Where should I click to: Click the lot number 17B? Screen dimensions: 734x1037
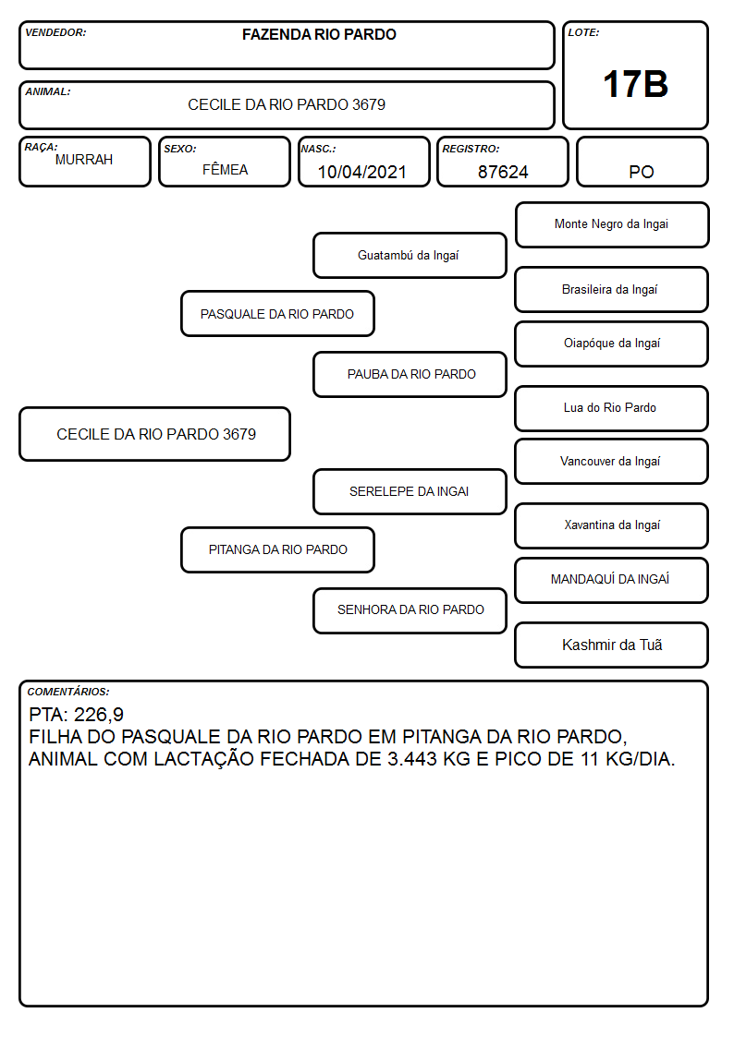click(x=635, y=84)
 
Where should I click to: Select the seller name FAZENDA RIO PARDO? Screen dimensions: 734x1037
click(x=319, y=34)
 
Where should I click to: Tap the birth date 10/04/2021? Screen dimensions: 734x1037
click(x=362, y=172)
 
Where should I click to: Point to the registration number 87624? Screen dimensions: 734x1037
click(x=503, y=172)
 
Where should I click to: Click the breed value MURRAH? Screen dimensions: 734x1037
click(x=84, y=160)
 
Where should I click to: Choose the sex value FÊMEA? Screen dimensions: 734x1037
click(x=225, y=169)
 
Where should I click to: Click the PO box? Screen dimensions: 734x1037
click(x=642, y=163)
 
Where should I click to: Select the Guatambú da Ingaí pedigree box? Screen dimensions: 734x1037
click(x=410, y=255)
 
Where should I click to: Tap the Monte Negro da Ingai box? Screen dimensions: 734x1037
click(x=612, y=225)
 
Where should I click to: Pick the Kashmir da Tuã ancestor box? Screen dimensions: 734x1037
click(x=612, y=645)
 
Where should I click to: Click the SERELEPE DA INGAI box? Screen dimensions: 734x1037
click(x=410, y=492)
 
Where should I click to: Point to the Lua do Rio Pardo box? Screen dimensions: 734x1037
click(x=612, y=409)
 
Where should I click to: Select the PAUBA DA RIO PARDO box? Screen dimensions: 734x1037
click(x=410, y=374)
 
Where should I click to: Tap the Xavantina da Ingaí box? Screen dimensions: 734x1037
click(x=612, y=525)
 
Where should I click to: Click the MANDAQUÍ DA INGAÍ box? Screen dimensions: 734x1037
click(x=612, y=580)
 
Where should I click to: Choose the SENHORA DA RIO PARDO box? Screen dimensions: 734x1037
click(x=410, y=610)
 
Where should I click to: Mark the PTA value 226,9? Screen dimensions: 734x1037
click(x=99, y=715)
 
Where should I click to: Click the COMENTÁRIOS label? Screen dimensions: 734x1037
click(x=68, y=692)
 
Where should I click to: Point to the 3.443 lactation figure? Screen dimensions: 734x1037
click(x=411, y=758)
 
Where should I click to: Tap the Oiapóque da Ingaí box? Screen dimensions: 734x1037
click(x=612, y=344)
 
